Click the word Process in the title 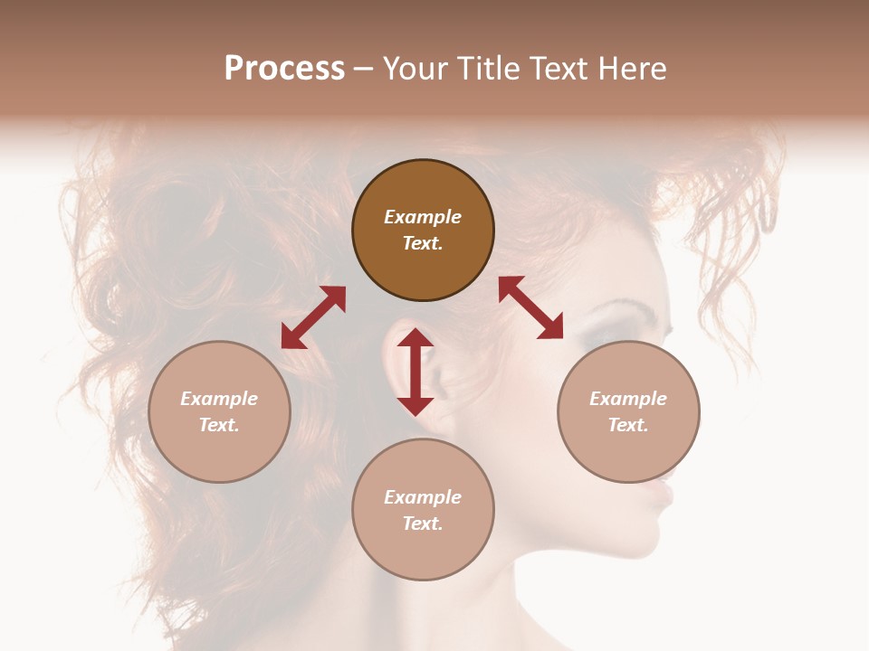click(x=284, y=69)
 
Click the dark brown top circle click(x=423, y=230)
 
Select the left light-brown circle click(x=219, y=411)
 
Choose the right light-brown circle click(x=628, y=411)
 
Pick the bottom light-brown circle click(x=423, y=510)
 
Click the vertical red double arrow click(x=415, y=372)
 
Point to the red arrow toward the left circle click(x=313, y=317)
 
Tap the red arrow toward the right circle click(x=530, y=307)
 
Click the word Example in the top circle click(x=423, y=217)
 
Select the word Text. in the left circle click(x=219, y=425)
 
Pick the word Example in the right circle click(x=628, y=399)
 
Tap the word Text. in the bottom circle click(x=423, y=524)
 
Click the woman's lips click(x=667, y=493)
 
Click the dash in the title click(x=364, y=69)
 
